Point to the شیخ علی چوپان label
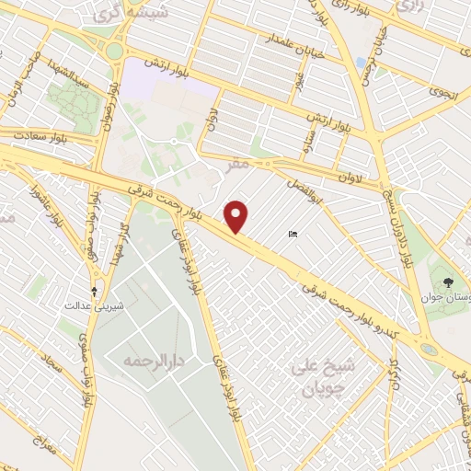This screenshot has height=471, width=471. point(316,377)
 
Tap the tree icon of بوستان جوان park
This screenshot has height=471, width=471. point(448,282)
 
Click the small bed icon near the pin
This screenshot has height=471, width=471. point(293,235)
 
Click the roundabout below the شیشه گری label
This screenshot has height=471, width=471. point(113,51)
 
